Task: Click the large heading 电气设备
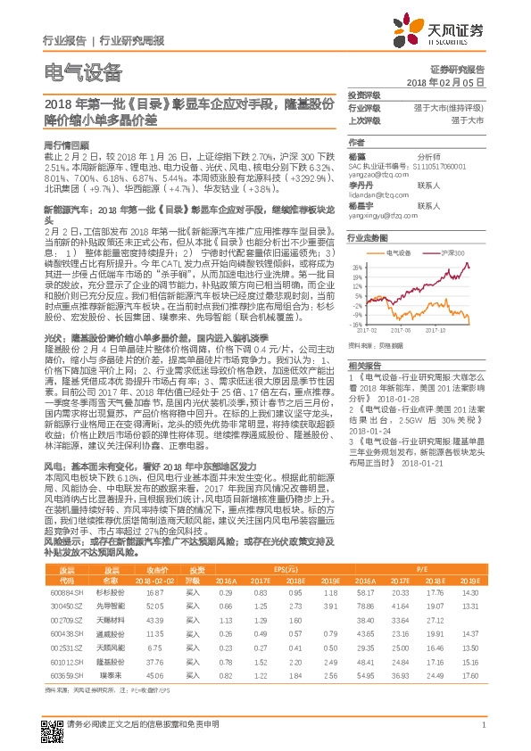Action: pyautogui.click(x=82, y=73)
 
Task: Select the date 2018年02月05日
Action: pyautogui.click(x=452, y=81)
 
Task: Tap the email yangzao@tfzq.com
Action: pyautogui.click(x=371, y=177)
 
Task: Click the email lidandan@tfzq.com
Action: pyautogui.click(x=374, y=194)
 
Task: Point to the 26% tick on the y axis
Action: pyautogui.click(x=357, y=266)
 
